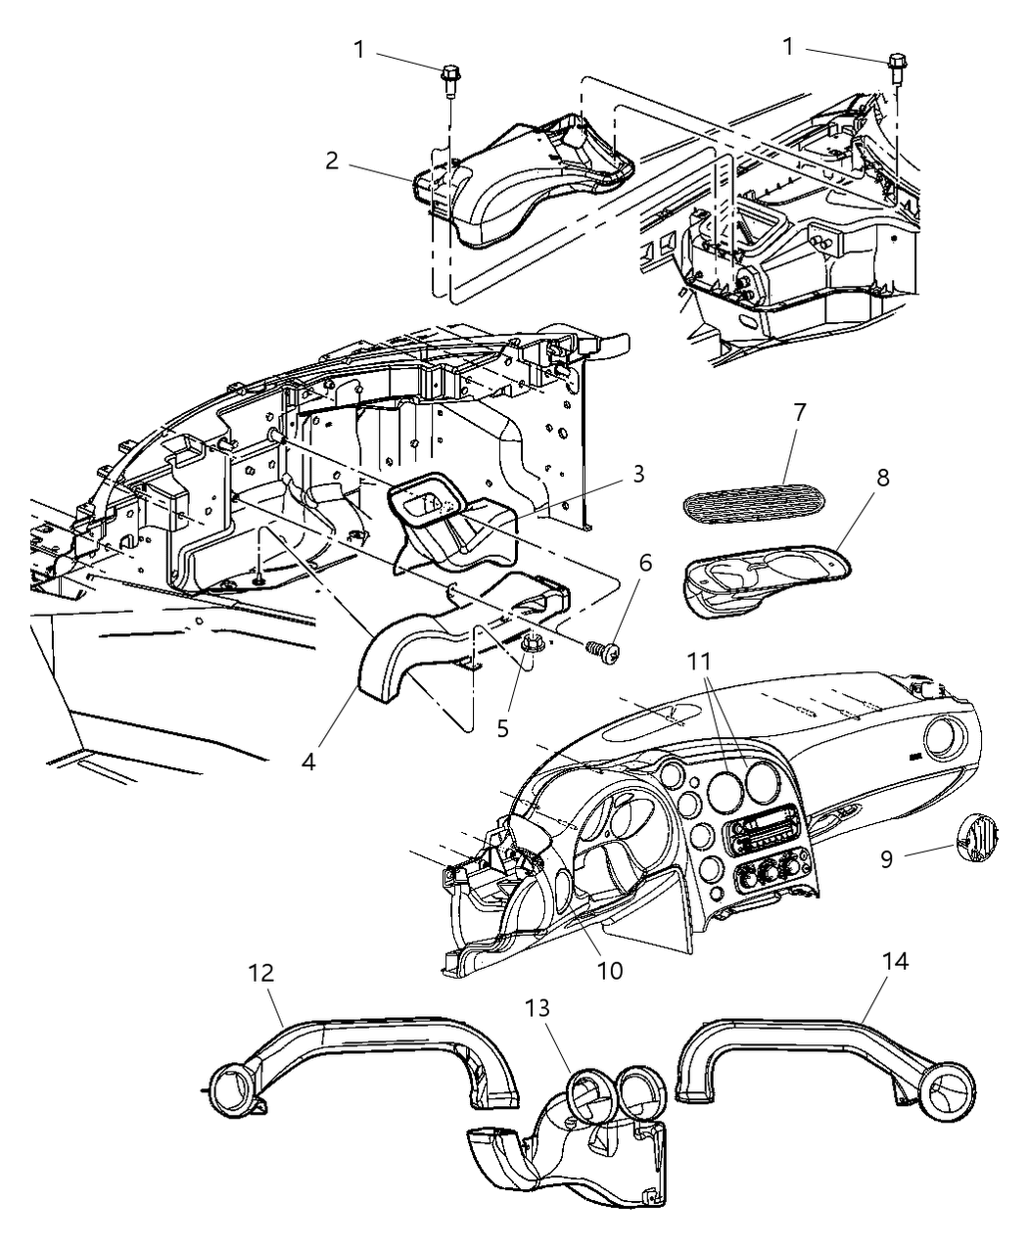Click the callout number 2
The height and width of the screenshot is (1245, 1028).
(x=332, y=161)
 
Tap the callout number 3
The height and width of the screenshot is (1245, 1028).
(x=637, y=475)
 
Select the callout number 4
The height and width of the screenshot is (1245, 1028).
(x=308, y=761)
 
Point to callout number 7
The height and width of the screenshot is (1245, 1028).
(x=799, y=412)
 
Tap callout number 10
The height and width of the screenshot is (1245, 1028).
(x=609, y=970)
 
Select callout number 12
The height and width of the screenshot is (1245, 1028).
(x=261, y=973)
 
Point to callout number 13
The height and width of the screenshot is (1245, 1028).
(x=537, y=1007)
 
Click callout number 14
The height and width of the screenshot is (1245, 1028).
(x=896, y=961)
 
